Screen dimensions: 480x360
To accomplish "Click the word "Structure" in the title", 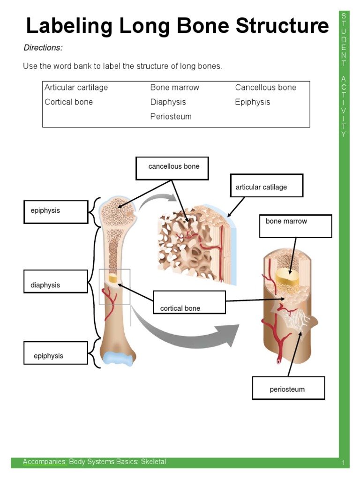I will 282,26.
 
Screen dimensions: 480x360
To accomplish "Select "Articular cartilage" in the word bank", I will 76,88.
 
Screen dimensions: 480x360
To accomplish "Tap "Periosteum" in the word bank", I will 171,117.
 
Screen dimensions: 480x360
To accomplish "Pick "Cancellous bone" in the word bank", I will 265,88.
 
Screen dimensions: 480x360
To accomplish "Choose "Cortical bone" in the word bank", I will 68,102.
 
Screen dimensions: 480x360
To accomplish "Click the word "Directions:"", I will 43,48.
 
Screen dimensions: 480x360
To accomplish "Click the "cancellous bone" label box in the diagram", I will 172,168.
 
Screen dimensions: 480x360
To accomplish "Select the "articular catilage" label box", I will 266,186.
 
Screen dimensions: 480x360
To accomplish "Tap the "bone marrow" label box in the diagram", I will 295,226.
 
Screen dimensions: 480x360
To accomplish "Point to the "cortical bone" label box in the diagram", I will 189,302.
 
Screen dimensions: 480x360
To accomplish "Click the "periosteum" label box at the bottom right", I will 288,388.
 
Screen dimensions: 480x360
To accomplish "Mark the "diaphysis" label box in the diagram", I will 56,281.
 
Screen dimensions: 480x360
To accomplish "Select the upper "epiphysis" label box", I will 56,212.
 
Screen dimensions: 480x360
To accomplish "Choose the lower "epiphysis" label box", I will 56,352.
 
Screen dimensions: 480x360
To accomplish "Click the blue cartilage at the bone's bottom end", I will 118,358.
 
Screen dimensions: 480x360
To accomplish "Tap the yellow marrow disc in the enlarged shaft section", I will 287,277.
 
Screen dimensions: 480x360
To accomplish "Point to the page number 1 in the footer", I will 343,464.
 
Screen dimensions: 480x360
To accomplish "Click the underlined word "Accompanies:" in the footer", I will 45,462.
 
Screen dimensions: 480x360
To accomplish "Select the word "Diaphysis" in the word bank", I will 168,102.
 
